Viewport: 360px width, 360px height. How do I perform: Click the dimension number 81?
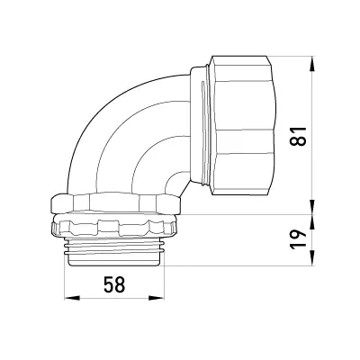coord(299,136)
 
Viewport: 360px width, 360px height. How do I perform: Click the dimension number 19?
coord(299,239)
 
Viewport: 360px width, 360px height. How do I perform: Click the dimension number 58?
coord(114,284)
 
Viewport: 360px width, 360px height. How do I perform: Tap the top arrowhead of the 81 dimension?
coord(312,64)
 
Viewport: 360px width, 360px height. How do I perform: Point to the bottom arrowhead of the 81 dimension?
coord(312,207)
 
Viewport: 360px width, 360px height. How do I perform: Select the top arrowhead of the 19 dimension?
coord(312,222)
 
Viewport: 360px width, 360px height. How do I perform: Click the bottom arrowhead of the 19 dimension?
coord(312,258)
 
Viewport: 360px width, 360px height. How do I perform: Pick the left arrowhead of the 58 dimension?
coord(72,298)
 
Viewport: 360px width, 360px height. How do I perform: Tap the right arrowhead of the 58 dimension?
coord(157,298)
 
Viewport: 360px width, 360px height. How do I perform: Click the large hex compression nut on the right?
coord(241,125)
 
